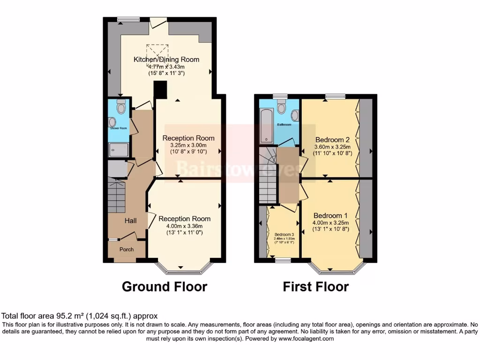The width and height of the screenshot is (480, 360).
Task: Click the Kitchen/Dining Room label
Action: coord(166,60)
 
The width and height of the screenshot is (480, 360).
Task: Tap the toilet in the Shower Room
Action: coord(121,107)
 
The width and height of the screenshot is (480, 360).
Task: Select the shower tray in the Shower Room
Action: coord(118,150)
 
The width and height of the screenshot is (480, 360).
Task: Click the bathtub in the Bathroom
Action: coord(267,125)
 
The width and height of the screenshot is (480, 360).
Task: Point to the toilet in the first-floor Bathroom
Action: coord(281,108)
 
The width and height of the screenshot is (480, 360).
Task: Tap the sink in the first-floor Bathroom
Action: coord(295,115)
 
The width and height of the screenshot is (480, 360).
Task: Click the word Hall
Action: coord(130,220)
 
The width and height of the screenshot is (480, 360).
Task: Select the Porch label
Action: coord(126,249)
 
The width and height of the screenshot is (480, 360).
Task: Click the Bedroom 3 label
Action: coord(284,234)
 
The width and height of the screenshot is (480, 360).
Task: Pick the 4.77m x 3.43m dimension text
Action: coord(166,67)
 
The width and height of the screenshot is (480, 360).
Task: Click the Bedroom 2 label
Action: coord(332,140)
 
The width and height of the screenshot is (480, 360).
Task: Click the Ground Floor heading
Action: coord(165,286)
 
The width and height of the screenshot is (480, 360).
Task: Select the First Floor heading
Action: coord(315,286)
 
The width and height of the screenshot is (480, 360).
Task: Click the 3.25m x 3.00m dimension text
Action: coord(188,145)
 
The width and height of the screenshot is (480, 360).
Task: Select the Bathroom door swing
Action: coord(289,142)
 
